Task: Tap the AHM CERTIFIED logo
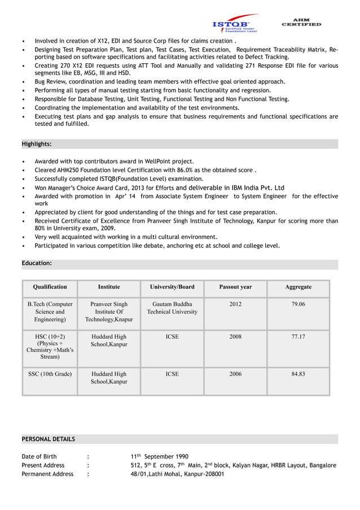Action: click(x=301, y=22)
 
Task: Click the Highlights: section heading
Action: click(x=37, y=144)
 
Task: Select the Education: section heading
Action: click(x=37, y=263)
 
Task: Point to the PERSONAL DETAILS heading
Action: click(x=48, y=439)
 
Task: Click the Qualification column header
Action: click(x=50, y=287)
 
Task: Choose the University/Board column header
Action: click(x=172, y=287)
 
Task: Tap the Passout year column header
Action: click(x=235, y=287)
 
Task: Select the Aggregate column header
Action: click(x=298, y=287)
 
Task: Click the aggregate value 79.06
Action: click(x=298, y=304)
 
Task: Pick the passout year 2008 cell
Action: click(x=235, y=337)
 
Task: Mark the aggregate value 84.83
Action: click(x=298, y=374)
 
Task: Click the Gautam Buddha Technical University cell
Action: click(x=172, y=308)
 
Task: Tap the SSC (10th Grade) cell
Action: click(x=50, y=374)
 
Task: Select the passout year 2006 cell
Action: click(x=235, y=374)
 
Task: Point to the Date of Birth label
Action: click(x=39, y=456)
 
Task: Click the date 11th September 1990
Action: click(x=160, y=456)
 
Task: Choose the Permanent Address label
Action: click(x=47, y=474)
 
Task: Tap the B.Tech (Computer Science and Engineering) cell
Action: click(x=50, y=312)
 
